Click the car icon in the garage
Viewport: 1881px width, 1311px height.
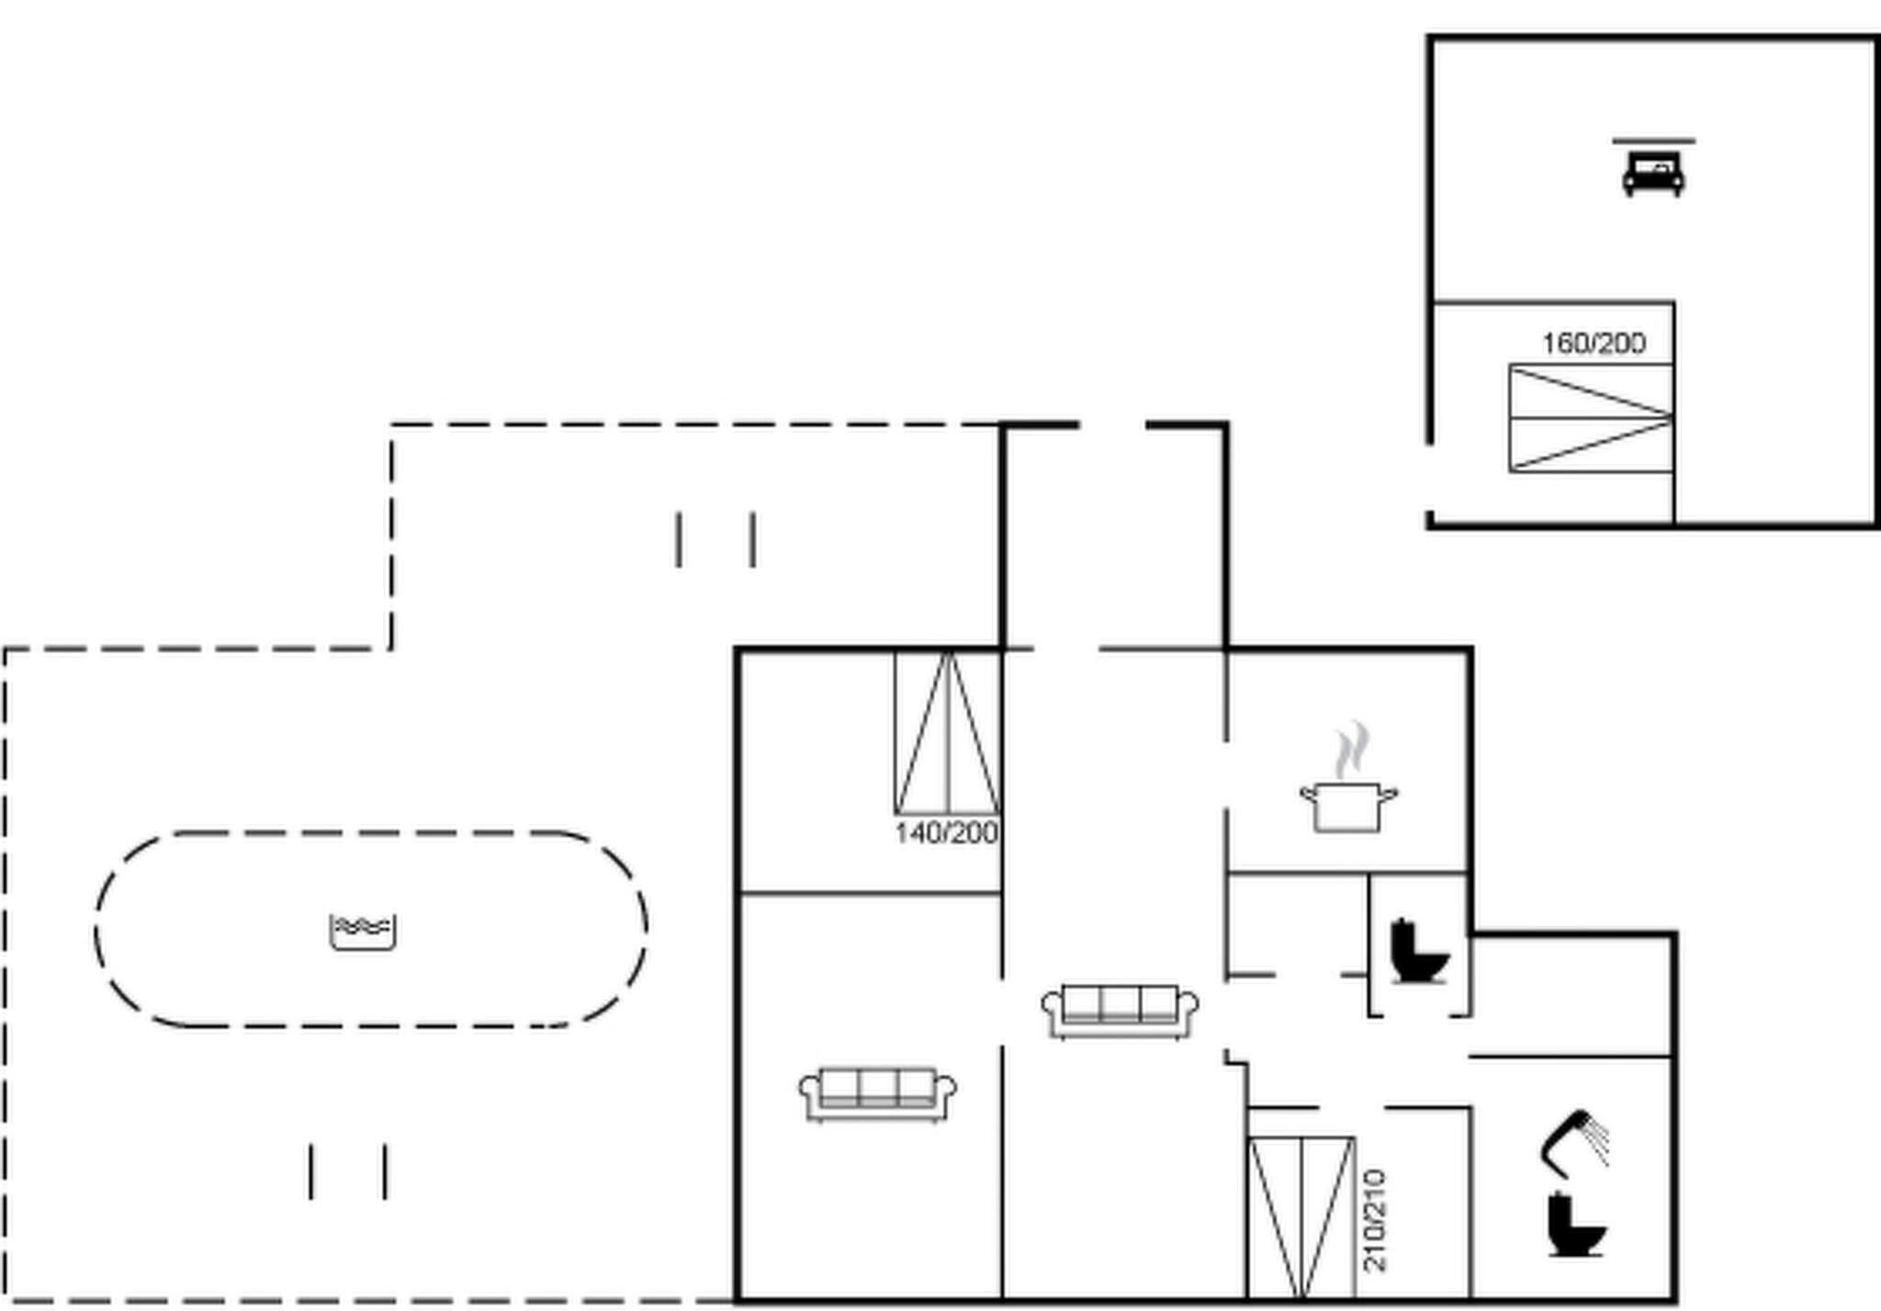[x=1653, y=175]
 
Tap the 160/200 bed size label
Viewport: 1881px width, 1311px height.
[x=1594, y=344]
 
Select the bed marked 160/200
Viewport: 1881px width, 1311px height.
[x=1591, y=418]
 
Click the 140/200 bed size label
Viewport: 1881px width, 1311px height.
[x=946, y=833]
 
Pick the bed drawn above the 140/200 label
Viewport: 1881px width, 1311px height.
[x=947, y=732]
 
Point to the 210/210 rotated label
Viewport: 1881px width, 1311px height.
[x=1375, y=1220]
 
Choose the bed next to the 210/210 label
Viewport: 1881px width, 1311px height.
[x=1301, y=1218]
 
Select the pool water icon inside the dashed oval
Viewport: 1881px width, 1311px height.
[x=363, y=932]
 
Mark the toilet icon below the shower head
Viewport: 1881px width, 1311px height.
[x=1577, y=1223]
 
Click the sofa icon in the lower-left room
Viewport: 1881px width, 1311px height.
[x=877, y=1094]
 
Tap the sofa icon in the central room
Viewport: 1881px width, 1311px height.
[x=1120, y=1012]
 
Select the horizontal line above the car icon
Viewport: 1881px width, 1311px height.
[x=1654, y=141]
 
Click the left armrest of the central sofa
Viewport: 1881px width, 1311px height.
[x=1053, y=1006]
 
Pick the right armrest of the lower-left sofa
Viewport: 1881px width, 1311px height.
[x=945, y=1089]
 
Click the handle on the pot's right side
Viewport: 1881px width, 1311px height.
[x=1390, y=794]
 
